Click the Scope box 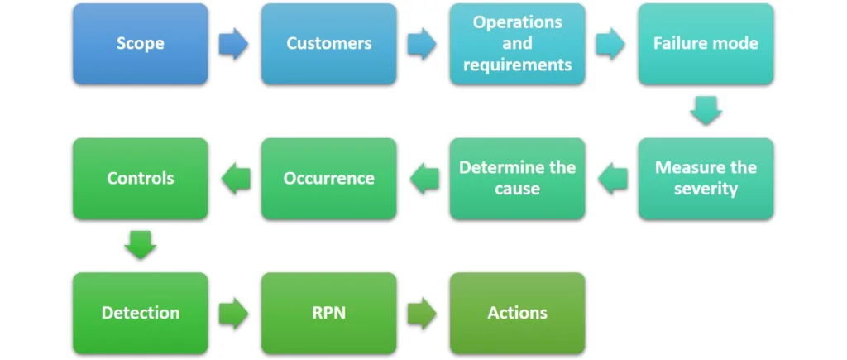point(141,44)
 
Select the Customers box point(329,44)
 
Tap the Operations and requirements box point(518,44)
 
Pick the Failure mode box point(706,44)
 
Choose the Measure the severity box point(706,179)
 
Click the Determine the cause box point(518,179)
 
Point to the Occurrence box point(329,179)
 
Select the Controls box point(141,179)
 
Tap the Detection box point(141,313)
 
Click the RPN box point(329,313)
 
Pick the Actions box point(518,313)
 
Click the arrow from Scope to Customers point(234,44)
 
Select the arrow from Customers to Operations point(423,44)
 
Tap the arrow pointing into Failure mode point(611,44)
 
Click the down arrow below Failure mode point(706,111)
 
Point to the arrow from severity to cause point(613,179)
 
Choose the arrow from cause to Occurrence point(424,179)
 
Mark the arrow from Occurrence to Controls point(236,179)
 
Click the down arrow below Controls point(141,246)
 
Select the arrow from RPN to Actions point(423,313)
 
